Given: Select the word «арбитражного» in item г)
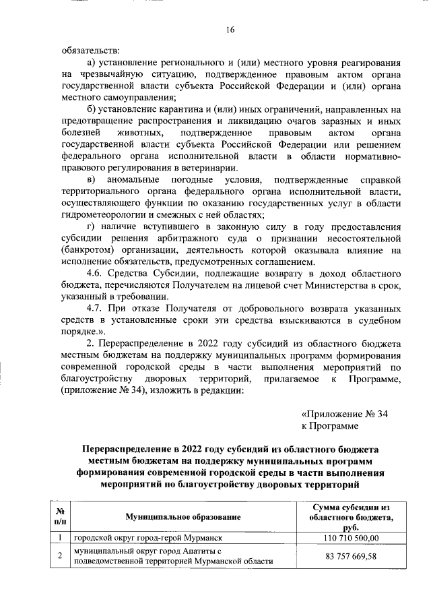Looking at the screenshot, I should click(x=202, y=239).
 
